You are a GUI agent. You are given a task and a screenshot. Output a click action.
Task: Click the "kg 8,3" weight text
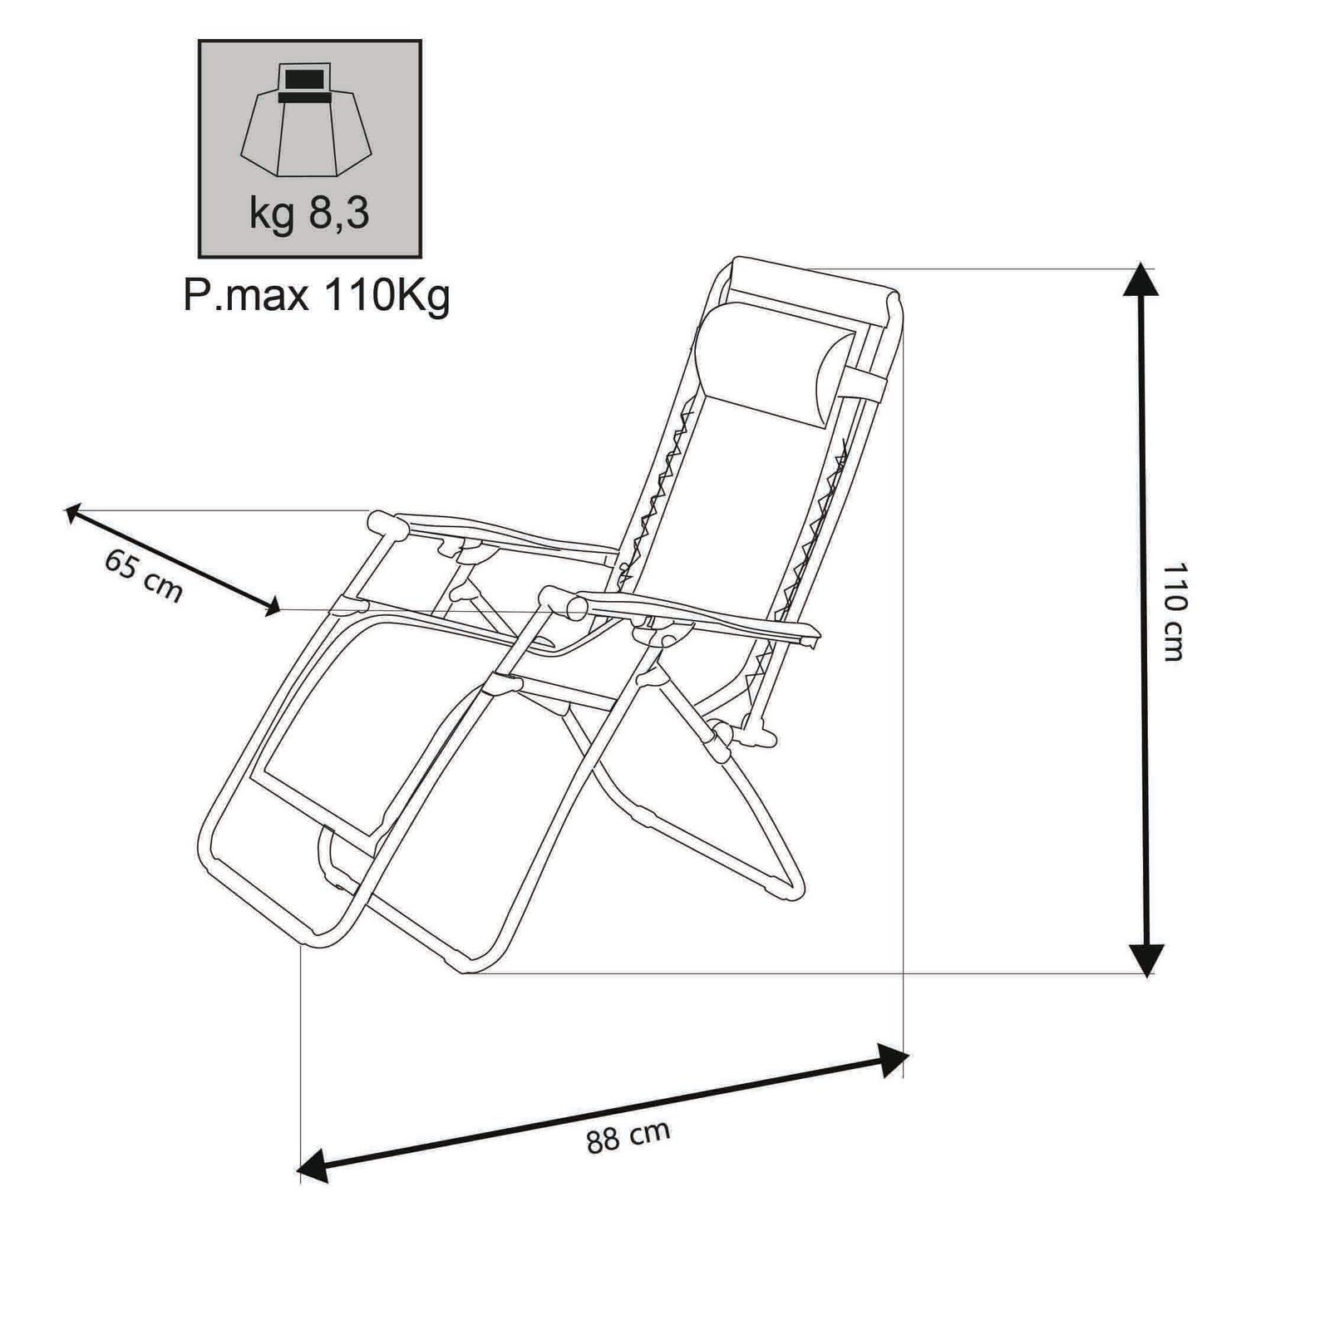[x=308, y=214]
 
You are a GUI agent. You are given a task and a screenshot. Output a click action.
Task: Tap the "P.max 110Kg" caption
[x=316, y=295]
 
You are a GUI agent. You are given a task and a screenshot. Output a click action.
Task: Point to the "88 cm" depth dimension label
[x=628, y=1136]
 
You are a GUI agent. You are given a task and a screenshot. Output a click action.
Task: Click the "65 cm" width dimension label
[x=143, y=574]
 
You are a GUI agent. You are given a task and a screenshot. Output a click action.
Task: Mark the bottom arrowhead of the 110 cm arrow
[x=1146, y=961]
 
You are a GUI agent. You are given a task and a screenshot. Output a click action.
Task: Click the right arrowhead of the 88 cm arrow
[x=894, y=1060]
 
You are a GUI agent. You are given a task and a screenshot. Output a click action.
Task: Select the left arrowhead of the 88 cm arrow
[x=312, y=1169]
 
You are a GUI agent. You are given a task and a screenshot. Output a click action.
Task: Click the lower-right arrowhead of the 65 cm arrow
[x=270, y=608]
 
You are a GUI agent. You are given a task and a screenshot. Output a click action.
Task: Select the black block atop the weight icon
[x=303, y=83]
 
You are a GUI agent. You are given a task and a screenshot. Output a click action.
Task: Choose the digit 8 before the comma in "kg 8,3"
[x=322, y=214]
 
